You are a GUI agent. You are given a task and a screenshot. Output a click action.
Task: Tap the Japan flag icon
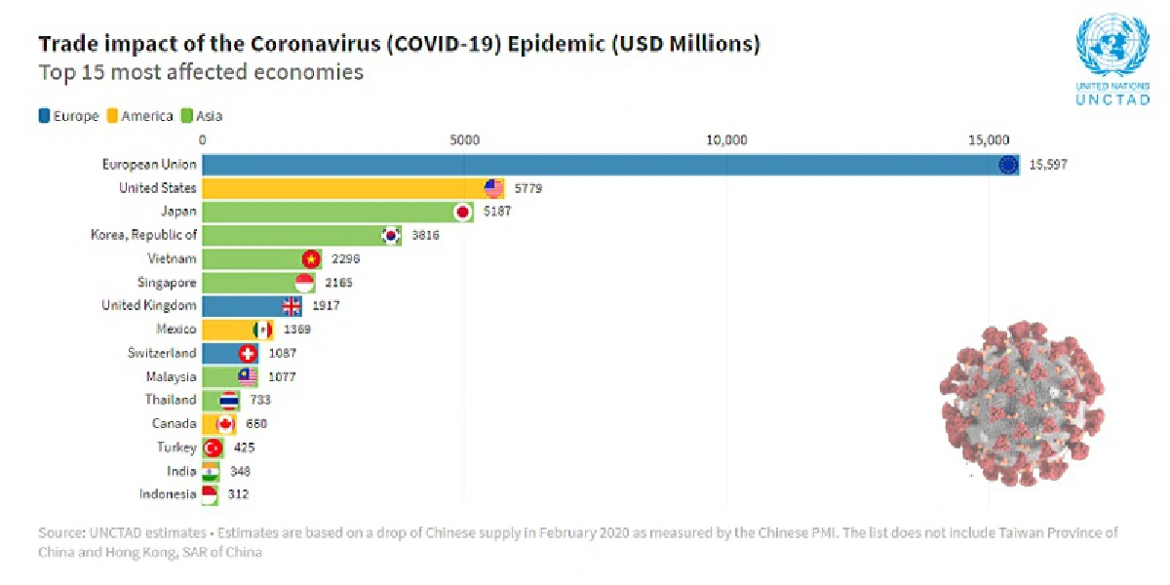tap(462, 212)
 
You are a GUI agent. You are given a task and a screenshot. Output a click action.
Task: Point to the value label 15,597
tap(1048, 165)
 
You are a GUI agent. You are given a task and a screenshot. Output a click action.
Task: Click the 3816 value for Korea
tap(424, 235)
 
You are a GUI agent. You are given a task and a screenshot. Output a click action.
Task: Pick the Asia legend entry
tap(202, 116)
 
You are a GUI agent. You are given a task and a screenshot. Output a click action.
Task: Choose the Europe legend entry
tap(68, 116)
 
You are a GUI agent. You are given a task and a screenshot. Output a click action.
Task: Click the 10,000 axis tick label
tap(726, 139)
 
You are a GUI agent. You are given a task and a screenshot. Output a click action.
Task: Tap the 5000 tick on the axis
tap(464, 139)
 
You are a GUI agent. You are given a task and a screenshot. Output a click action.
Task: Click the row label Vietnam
tap(173, 258)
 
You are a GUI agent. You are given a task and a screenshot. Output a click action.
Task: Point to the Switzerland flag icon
tap(248, 353)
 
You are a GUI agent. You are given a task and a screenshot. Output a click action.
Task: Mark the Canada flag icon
tap(225, 423)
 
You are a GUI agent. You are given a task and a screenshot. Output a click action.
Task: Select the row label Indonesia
tap(169, 494)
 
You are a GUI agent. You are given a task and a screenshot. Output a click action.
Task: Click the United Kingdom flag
tap(292, 306)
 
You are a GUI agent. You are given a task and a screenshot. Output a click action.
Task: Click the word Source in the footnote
tap(61, 534)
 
